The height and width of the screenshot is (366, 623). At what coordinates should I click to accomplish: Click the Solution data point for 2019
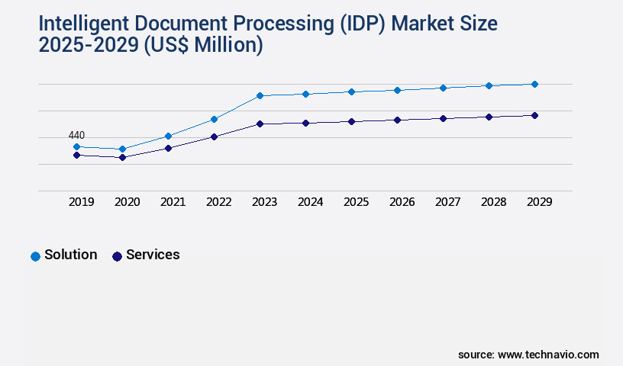pos(76,146)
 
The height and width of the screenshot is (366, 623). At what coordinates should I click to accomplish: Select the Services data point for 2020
pos(122,157)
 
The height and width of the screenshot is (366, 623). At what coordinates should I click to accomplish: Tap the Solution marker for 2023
pos(260,95)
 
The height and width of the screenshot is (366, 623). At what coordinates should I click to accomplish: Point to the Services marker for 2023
pos(260,124)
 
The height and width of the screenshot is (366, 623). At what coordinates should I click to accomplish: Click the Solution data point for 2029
pos(534,84)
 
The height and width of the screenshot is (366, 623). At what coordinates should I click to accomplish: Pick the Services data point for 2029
pos(534,115)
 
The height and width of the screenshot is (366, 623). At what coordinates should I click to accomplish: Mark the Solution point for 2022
pos(214,119)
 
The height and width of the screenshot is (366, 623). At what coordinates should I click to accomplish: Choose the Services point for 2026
pos(397,120)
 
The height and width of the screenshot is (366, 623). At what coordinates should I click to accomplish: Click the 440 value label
pos(76,135)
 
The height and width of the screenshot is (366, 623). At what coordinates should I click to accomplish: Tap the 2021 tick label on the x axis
pos(173,202)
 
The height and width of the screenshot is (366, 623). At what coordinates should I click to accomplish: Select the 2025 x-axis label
pos(356,202)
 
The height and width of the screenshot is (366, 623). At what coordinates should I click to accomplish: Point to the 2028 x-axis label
pos(493,202)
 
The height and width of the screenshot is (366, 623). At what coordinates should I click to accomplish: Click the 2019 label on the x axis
pos(81,202)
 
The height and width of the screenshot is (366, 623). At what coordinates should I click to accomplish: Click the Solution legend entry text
pos(70,255)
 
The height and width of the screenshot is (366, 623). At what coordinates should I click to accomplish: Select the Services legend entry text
pos(153,255)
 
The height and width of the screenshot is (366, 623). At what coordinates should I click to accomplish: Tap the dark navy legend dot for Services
pos(117,256)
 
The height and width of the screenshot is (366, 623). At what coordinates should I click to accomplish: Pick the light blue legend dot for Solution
pos(35,256)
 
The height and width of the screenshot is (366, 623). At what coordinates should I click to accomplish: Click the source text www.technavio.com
pos(548,355)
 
